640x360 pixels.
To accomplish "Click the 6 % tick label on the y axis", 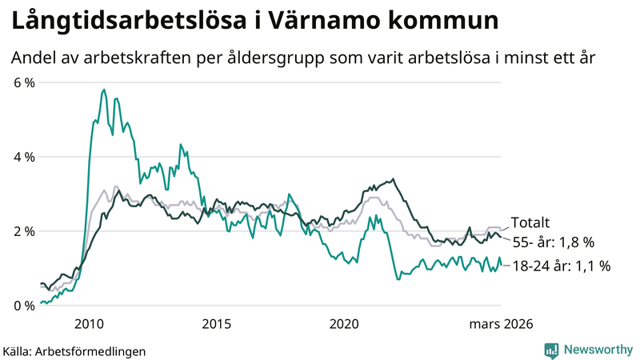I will coord(22,82).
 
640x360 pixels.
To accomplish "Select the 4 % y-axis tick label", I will coord(22,157).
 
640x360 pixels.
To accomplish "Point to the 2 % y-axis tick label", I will coord(22,231).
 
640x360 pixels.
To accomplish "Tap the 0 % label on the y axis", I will coord(22,306).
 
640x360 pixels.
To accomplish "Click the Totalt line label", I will coord(531,223).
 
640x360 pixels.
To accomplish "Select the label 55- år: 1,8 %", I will coord(552,242).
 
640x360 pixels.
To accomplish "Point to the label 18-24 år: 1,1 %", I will coord(561,266).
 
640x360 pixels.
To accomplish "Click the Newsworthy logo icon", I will coord(551,350).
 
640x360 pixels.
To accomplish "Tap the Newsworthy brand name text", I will coord(596,350).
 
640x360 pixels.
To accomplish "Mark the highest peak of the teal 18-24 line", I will coord(104,90).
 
